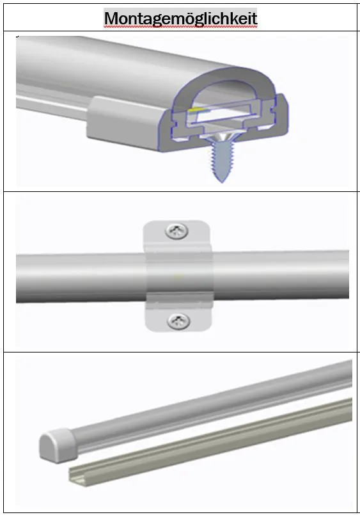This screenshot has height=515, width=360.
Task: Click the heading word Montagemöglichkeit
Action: [180, 18]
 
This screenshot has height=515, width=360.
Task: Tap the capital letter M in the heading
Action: [112, 18]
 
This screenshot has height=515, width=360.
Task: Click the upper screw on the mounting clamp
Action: [176, 231]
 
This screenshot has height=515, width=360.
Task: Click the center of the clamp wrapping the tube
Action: [177, 276]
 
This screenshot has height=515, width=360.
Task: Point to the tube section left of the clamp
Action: [77, 276]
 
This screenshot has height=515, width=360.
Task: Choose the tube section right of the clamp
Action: [281, 275]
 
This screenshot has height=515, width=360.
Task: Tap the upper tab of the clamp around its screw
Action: [176, 234]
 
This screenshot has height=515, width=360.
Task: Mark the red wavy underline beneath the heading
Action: [180, 28]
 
